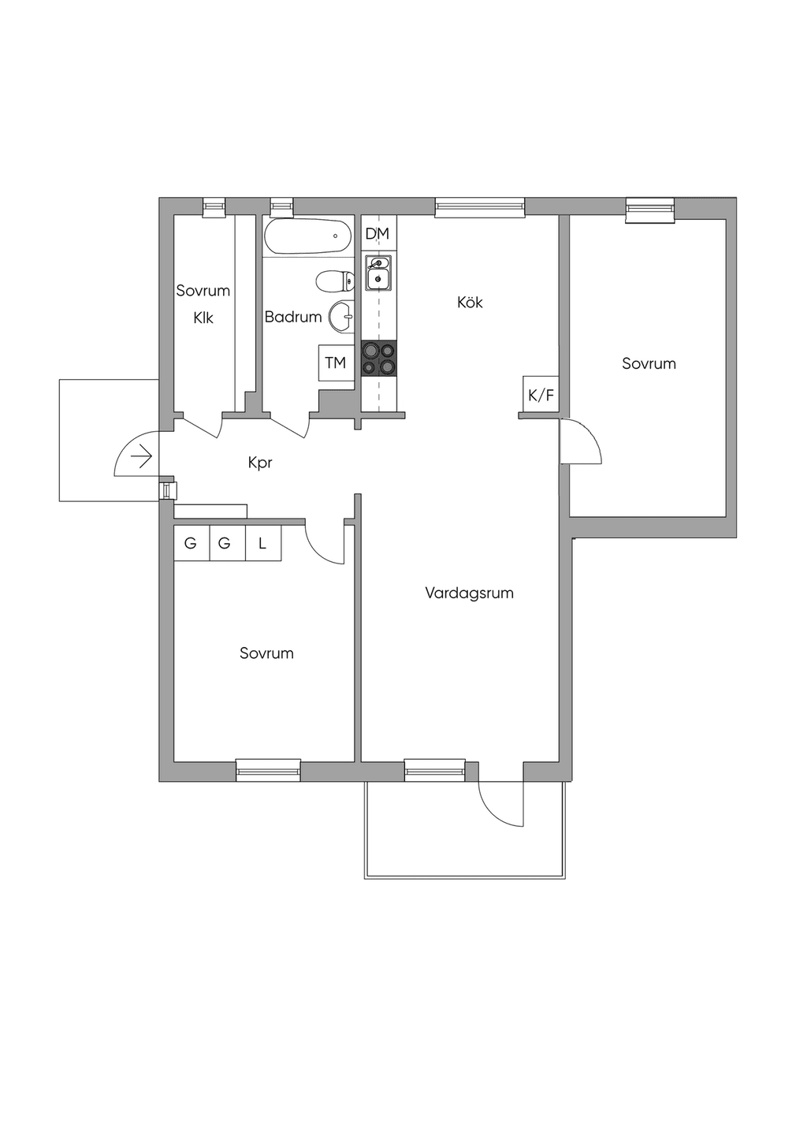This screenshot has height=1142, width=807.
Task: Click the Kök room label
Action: (470, 303)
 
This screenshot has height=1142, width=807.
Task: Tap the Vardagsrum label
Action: (469, 593)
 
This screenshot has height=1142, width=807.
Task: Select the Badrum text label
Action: (293, 317)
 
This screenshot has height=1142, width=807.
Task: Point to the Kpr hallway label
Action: (260, 463)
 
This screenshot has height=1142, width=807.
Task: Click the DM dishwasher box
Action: (377, 233)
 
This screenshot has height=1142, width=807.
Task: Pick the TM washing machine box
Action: (336, 363)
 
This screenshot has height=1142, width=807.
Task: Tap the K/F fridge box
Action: (541, 394)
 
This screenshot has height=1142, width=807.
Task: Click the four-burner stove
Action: (379, 359)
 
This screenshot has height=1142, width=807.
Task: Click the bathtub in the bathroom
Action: (308, 236)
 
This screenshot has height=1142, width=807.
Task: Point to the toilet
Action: (335, 281)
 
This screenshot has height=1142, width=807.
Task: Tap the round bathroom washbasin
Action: (342, 316)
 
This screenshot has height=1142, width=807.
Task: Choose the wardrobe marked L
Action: (263, 543)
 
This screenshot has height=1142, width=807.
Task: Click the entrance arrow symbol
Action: (142, 456)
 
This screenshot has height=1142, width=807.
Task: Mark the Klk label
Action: (203, 318)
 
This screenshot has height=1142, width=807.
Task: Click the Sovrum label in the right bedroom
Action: (649, 363)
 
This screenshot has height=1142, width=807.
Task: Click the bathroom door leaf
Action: (288, 428)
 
